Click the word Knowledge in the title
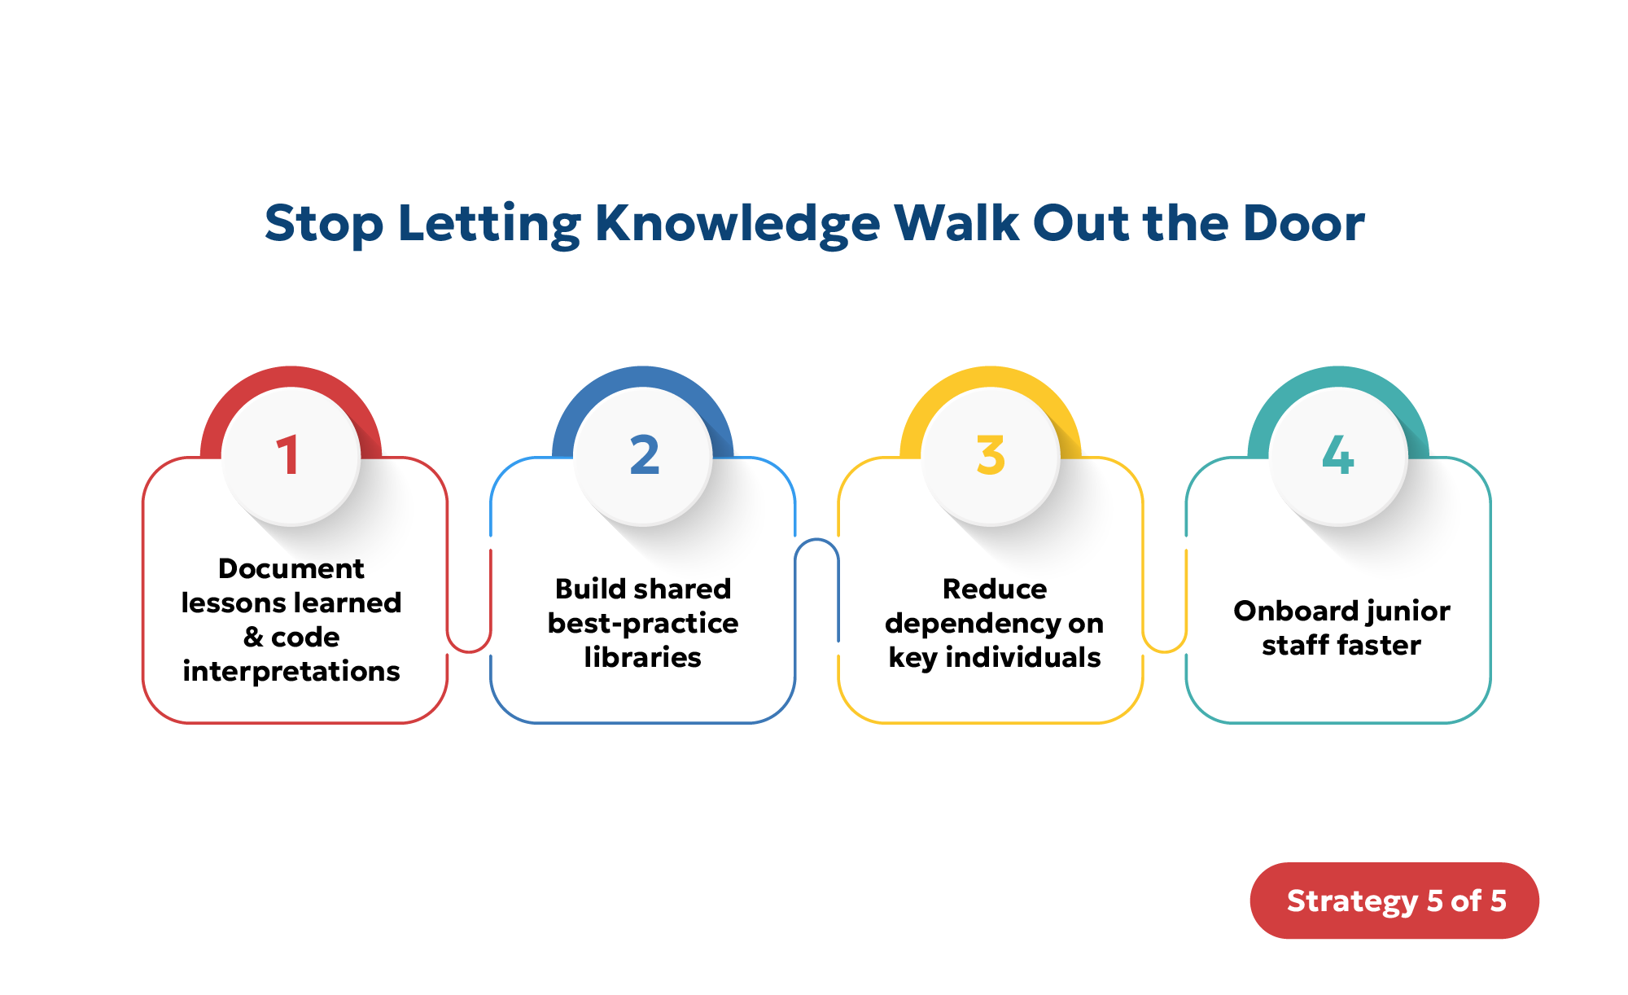pyautogui.click(x=737, y=224)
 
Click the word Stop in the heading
pyautogui.click(x=324, y=224)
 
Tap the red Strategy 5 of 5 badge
pyautogui.click(x=1394, y=901)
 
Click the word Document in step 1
pyautogui.click(x=291, y=568)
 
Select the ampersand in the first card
pyautogui.click(x=253, y=637)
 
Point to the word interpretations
pyautogui.click(x=291, y=672)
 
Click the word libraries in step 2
pyautogui.click(x=642, y=657)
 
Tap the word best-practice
pyautogui.click(x=642, y=623)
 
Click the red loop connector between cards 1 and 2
pyautogui.click(x=469, y=643)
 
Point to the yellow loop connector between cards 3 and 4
pyautogui.click(x=1165, y=643)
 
